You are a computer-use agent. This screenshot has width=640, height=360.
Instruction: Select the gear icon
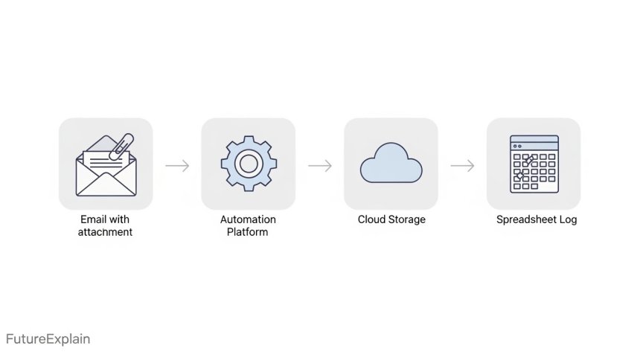coord(249,164)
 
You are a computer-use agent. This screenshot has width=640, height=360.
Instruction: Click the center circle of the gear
coord(249,164)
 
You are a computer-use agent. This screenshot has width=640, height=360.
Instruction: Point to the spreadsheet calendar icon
coord(534,164)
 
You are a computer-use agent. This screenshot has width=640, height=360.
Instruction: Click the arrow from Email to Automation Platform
coord(177,165)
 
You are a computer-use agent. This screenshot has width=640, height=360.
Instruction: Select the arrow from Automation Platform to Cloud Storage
coord(320,165)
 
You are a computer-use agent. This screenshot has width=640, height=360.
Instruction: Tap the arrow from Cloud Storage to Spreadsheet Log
coord(462,165)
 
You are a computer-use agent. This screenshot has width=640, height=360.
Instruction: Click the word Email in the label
coord(93,219)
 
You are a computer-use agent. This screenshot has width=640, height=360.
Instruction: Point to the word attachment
coord(105,232)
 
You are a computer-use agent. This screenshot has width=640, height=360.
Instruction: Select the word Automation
coord(248,219)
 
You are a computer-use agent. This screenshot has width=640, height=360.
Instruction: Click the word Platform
coord(248,232)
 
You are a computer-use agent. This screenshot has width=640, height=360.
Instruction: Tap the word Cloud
coord(371,219)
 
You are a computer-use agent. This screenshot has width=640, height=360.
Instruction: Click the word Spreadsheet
coord(526,219)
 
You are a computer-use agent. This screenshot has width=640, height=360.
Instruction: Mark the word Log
coord(568,219)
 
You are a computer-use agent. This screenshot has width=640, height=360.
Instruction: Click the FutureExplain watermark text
coord(48,339)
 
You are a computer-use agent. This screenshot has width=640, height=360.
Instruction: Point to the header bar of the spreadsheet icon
coord(534,140)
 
